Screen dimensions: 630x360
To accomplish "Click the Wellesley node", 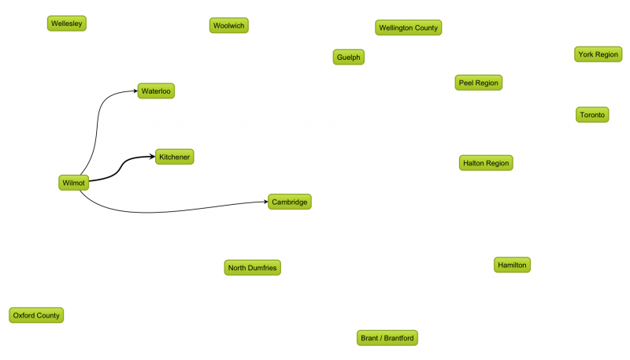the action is pos(67,24).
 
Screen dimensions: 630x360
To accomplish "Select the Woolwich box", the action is pos(229,25).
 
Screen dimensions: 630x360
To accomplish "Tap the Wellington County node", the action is pos(408,28).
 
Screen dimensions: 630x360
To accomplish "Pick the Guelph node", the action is pos(349,57).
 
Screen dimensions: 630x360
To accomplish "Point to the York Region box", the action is pos(598,54).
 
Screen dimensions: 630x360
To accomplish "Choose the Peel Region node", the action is pos(479,83).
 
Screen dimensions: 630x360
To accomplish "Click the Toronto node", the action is pos(592,114).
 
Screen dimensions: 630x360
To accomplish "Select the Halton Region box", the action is pos(486,163).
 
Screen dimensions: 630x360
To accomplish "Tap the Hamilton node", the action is pos(513,265).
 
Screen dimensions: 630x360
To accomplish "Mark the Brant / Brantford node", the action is pos(387,338).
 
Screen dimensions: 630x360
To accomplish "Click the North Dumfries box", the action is pos(252,268).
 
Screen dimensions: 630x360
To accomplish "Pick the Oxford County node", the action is pos(36,315).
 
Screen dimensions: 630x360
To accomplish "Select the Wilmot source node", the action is pos(73,183).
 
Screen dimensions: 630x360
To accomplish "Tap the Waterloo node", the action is pos(156,91).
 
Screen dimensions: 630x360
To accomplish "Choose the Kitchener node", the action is pos(174,157).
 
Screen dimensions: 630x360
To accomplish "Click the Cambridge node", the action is pos(290,202).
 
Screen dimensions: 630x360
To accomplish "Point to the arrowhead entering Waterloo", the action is pos(135,91).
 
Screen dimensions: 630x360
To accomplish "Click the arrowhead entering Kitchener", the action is pos(152,156).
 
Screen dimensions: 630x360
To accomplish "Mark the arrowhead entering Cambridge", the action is pos(265,202).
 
